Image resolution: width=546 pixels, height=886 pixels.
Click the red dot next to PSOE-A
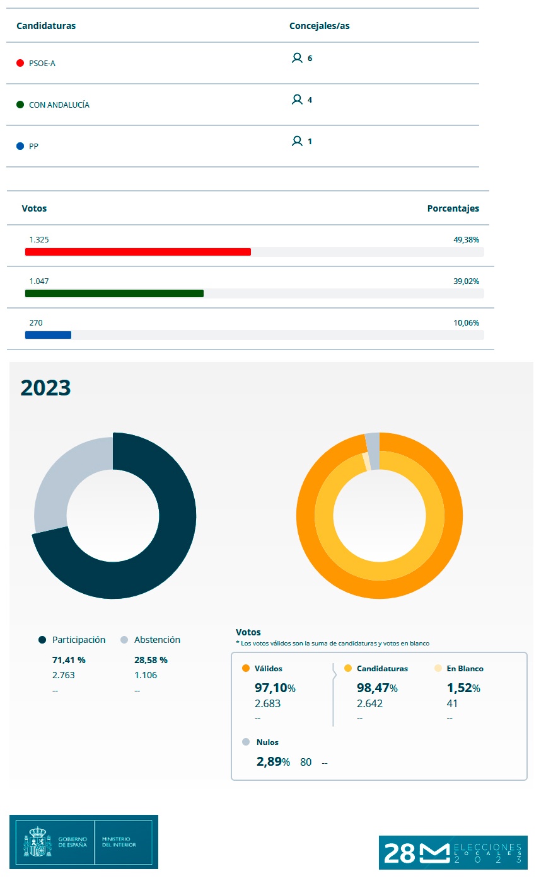(x=20, y=63)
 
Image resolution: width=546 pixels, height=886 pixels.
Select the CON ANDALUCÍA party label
(x=59, y=105)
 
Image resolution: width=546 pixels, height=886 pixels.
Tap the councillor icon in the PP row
(x=297, y=142)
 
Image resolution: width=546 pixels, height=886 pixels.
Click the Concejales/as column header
(x=319, y=26)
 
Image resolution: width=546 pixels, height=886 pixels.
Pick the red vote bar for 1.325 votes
(x=137, y=252)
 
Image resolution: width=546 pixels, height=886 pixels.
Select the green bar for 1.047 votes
(x=114, y=293)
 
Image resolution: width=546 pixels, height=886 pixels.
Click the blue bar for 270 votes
(x=48, y=335)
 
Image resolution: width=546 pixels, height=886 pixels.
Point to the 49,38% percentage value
(x=466, y=240)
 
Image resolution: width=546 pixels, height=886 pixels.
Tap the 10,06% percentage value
(x=466, y=323)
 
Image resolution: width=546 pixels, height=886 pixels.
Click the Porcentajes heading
(x=453, y=208)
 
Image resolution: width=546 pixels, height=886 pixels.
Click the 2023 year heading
(x=45, y=387)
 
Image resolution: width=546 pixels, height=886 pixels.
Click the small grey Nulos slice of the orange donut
(x=373, y=451)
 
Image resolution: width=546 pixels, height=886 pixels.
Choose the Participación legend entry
(x=78, y=640)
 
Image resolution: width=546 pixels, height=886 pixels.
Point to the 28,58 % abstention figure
(x=151, y=660)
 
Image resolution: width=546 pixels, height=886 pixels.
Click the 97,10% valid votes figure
(x=275, y=688)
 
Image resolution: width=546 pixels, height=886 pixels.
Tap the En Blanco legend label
(x=465, y=669)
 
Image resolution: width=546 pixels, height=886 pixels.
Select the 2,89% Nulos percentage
(x=273, y=762)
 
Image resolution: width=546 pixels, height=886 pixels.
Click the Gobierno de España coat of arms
(x=38, y=842)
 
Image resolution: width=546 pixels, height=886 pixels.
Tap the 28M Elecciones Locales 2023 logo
(x=453, y=853)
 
